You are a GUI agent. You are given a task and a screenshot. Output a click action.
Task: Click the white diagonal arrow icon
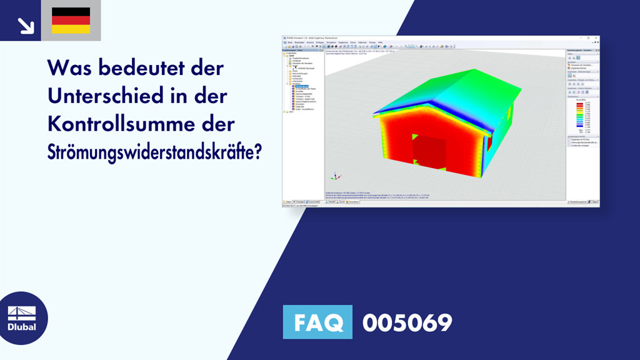26,24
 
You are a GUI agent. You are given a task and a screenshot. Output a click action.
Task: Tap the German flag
71,21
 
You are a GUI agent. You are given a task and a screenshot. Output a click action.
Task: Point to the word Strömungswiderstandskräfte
154,152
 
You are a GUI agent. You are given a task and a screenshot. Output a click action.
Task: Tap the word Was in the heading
67,68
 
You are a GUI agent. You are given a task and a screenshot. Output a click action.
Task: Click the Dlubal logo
21,318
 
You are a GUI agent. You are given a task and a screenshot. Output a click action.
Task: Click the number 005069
407,322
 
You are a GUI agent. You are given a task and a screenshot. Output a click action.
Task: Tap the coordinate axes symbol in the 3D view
336,177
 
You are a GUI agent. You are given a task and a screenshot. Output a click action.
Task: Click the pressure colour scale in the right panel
580,115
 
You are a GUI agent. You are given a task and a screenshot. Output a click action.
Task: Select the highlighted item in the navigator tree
301,86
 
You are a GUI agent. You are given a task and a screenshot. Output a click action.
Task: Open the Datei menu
290,42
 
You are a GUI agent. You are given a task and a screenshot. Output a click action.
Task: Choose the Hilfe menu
380,42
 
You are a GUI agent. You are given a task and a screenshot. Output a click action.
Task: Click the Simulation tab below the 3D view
353,202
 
